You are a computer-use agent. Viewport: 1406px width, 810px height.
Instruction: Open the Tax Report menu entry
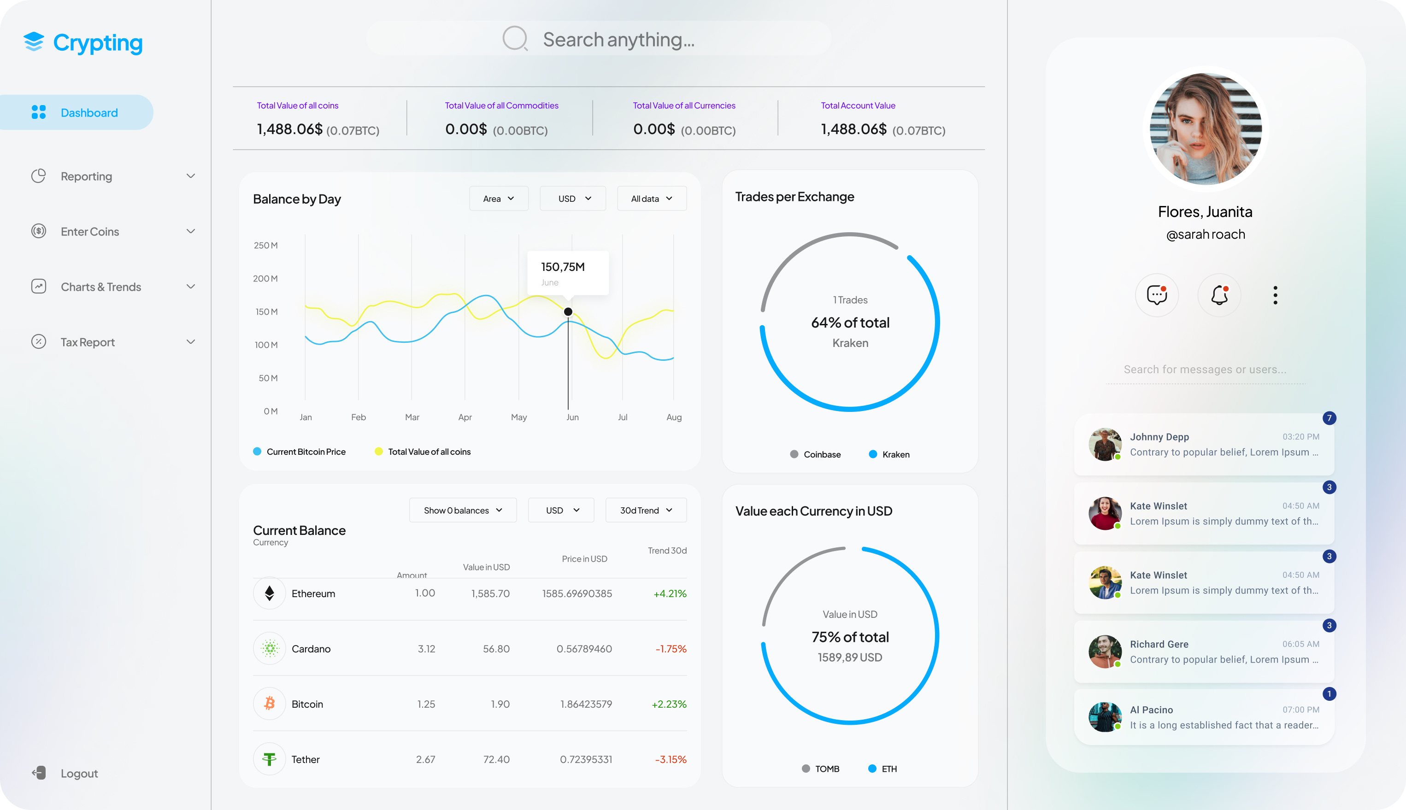(88, 342)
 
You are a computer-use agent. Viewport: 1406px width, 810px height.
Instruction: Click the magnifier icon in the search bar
(515, 39)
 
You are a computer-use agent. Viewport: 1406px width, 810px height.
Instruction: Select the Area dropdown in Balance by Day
(499, 199)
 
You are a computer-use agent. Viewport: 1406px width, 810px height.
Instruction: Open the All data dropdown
(652, 199)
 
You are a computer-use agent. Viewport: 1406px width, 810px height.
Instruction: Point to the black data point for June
(568, 311)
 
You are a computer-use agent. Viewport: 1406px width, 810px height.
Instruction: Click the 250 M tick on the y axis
(265, 245)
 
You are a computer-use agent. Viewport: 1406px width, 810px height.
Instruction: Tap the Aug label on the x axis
(674, 417)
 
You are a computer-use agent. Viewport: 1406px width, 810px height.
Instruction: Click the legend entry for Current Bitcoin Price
(306, 452)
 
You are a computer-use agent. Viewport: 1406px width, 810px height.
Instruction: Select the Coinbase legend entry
(821, 454)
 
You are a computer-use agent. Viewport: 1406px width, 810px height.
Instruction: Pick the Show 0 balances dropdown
(462, 510)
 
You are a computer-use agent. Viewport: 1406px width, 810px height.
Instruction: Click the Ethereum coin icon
(269, 593)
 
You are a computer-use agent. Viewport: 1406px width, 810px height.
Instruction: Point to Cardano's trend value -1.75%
(671, 649)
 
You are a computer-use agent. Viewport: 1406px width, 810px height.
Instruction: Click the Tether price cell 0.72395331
(586, 759)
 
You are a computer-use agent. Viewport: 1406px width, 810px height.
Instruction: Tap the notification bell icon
(1219, 295)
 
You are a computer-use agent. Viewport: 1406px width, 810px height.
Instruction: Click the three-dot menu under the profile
(1275, 295)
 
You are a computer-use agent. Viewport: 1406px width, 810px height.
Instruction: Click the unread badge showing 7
(1329, 418)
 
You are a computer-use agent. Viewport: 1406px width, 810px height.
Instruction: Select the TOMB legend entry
(826, 769)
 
